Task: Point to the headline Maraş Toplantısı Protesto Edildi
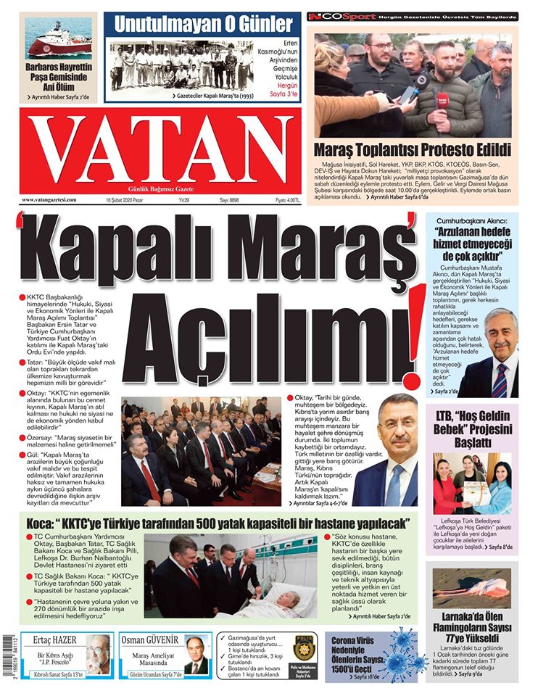pyautogui.click(x=412, y=150)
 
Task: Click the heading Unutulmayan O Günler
pyautogui.click(x=204, y=25)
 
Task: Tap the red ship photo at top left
pyautogui.click(x=59, y=38)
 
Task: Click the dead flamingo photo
pyautogui.click(x=472, y=588)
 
